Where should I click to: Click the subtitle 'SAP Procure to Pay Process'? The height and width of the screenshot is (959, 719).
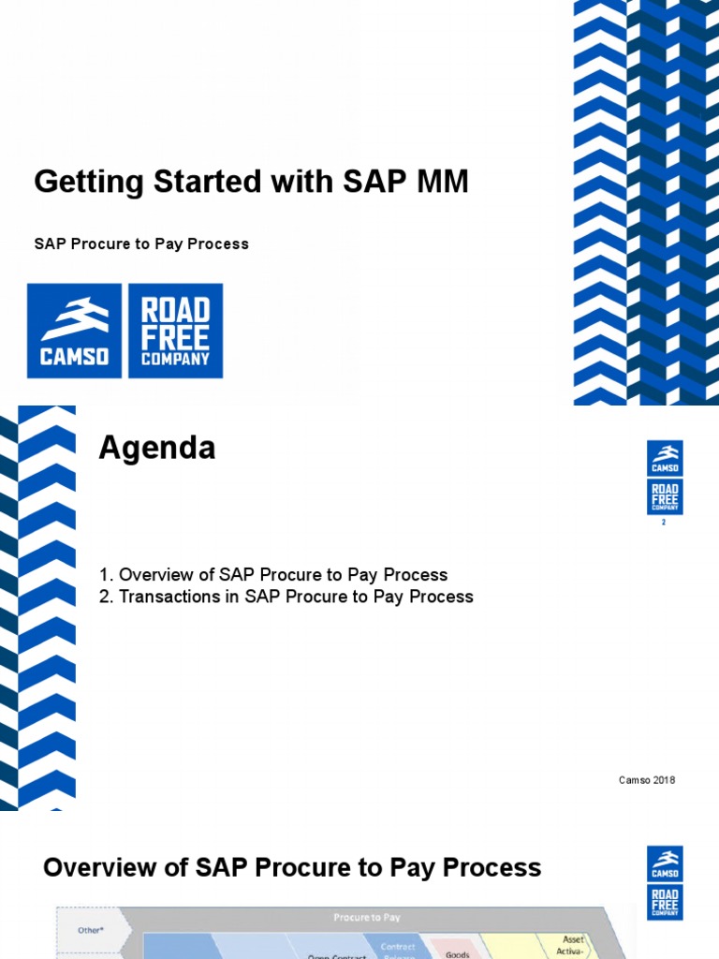coord(141,243)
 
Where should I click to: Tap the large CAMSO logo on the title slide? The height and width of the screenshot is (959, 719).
coord(74,331)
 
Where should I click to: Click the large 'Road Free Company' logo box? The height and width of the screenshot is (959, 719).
coord(175,331)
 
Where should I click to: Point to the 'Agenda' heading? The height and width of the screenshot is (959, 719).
coord(157,449)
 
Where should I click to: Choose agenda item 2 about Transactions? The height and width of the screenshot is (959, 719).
coord(286,597)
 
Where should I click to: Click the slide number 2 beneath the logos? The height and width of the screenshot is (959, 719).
coord(664,523)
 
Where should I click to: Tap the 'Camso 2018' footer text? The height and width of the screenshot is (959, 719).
coord(647,780)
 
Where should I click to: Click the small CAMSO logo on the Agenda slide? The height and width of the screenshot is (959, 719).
coord(665,458)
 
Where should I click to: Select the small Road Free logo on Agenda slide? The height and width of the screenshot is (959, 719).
coord(665,496)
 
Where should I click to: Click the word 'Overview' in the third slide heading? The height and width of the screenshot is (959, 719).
coord(104,868)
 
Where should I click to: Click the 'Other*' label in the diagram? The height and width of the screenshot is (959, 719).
coord(89,930)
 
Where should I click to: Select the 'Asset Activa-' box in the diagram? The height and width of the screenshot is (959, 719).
coord(572,945)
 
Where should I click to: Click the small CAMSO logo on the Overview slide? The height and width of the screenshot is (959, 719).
coord(665,863)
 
